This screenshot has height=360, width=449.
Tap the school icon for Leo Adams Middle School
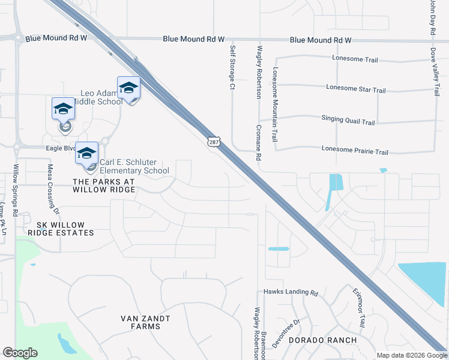128,89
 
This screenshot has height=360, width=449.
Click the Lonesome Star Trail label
355,89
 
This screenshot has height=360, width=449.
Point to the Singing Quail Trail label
348,121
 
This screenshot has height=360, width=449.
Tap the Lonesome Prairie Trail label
355,151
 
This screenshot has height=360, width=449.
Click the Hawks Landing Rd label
291,293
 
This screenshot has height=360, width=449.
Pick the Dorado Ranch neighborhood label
322,340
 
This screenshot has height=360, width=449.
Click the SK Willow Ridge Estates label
60,228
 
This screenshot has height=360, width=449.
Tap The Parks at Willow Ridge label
100,185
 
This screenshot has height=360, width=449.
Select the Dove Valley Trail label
436,73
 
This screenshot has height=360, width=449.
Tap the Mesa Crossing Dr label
53,190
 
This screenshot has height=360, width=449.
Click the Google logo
20,353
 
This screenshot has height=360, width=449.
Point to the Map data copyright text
411,355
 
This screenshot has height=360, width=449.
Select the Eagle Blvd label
61,148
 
